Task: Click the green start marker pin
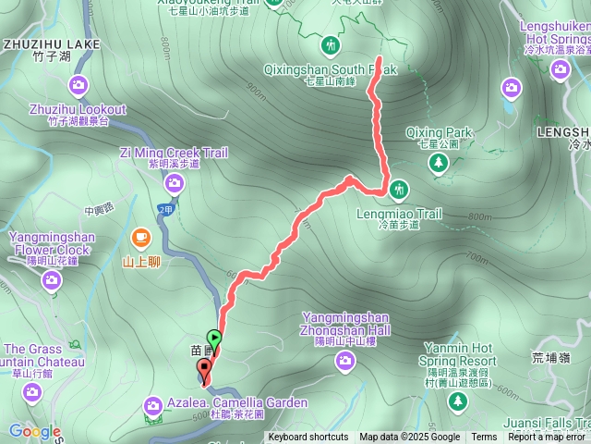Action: [x=215, y=339]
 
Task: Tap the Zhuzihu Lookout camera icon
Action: [x=78, y=86]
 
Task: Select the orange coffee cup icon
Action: [x=140, y=237]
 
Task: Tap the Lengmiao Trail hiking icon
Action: [x=398, y=189]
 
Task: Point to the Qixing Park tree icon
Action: [x=437, y=163]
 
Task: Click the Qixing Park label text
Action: [x=437, y=132]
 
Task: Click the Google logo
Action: [x=35, y=431]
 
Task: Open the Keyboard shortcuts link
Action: [x=308, y=438]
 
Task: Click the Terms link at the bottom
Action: [x=484, y=438]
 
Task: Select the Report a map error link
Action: [x=548, y=438]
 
